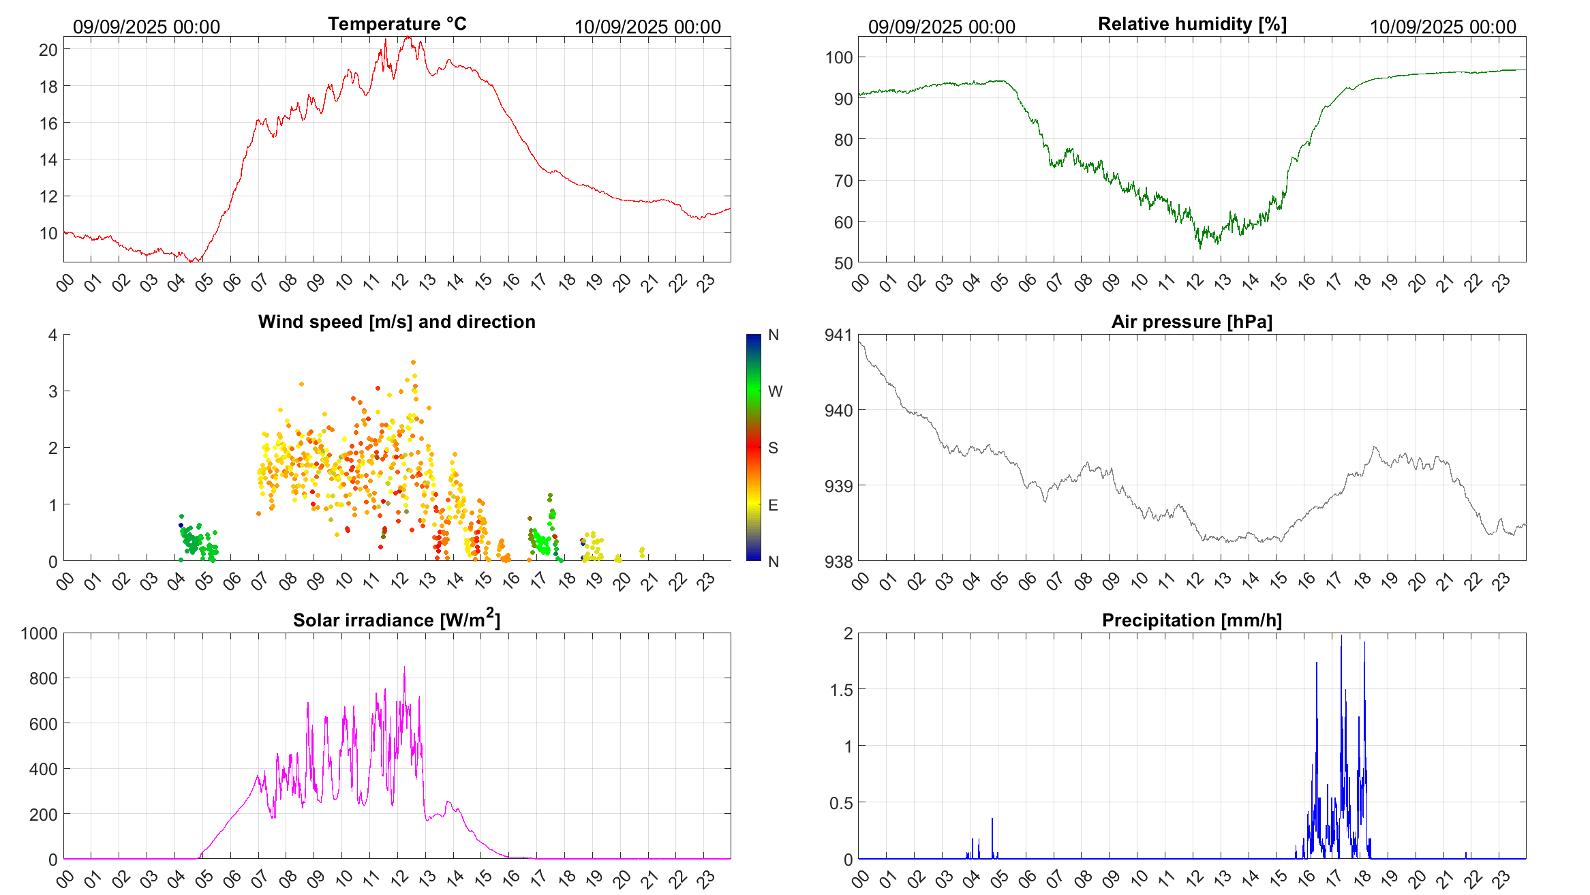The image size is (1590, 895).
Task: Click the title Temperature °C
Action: tap(397, 24)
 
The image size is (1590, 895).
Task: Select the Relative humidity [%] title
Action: tap(1192, 24)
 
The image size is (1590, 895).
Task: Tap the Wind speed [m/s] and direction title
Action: tap(397, 322)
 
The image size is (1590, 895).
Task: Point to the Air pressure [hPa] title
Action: tap(1192, 322)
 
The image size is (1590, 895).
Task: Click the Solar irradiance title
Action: tap(397, 620)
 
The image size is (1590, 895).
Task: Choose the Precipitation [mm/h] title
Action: tap(1192, 620)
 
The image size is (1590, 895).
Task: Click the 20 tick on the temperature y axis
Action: tap(48, 50)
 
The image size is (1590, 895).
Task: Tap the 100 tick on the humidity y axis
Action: tap(839, 57)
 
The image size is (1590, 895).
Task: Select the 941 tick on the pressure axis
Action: tap(838, 335)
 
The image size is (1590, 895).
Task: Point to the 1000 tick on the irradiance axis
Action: tap(40, 633)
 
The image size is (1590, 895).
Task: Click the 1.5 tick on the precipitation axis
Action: tap(841, 690)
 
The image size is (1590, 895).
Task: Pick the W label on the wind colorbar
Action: tap(775, 391)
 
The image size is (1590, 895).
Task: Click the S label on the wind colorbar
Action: tap(773, 448)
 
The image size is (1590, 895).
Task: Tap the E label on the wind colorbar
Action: tap(773, 505)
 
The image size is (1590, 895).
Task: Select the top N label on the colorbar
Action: tap(774, 335)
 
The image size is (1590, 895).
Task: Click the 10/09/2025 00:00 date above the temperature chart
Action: tap(647, 27)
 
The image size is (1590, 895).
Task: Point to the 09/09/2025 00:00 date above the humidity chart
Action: tap(942, 27)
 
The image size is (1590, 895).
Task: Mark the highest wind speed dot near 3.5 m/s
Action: tap(413, 363)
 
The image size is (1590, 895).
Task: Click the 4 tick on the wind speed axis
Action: tap(53, 335)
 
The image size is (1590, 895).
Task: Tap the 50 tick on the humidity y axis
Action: tap(843, 263)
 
